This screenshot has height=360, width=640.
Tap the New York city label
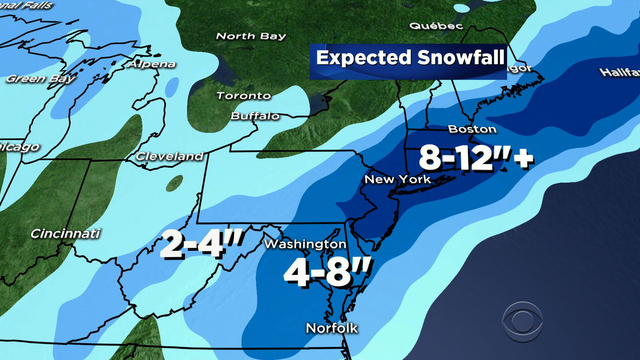tap(397, 180)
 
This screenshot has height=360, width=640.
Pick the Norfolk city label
tap(330, 329)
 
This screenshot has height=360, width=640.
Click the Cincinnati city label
tap(66, 234)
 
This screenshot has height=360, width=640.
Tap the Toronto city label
tap(245, 96)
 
